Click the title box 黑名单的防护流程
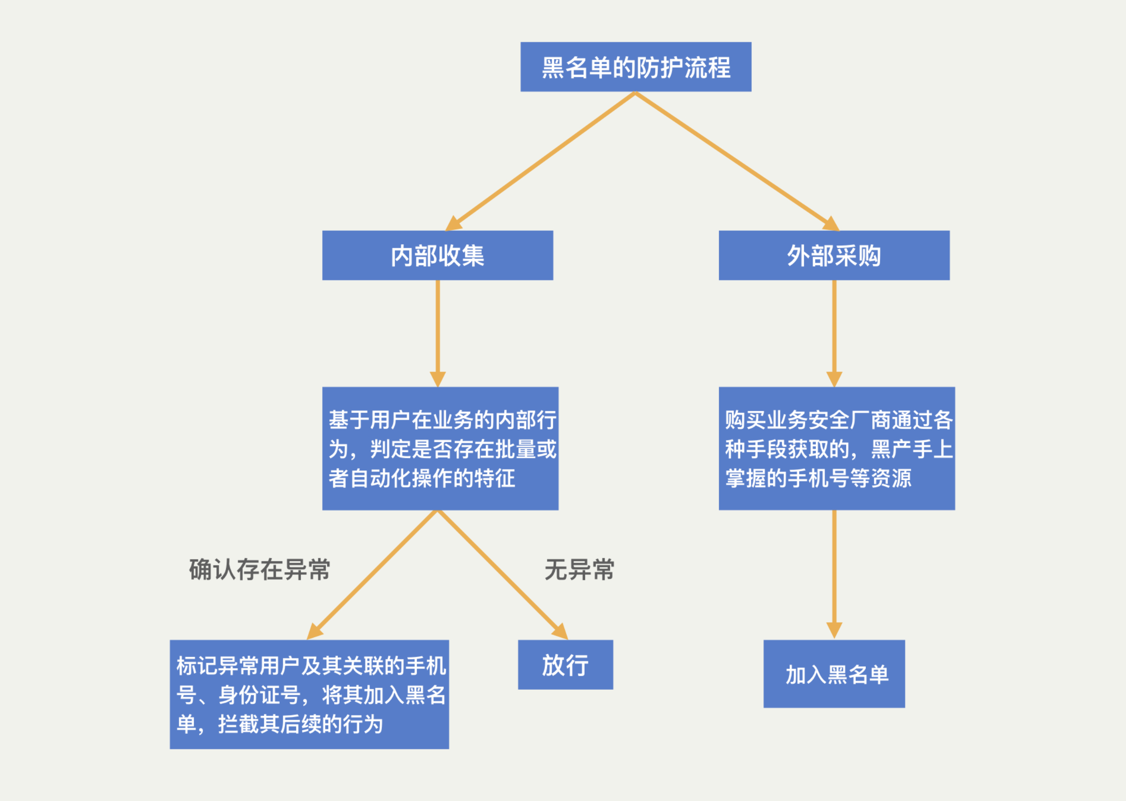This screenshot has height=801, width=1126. tap(636, 67)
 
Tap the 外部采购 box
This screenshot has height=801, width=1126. tap(834, 255)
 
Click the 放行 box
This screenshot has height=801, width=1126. tap(565, 664)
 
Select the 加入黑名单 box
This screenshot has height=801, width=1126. tap(834, 674)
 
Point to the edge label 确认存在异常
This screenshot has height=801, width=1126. tap(259, 570)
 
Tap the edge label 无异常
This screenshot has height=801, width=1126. tap(579, 570)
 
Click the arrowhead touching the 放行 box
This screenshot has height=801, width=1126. tap(561, 632)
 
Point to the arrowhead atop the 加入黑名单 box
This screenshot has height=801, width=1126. tap(834, 631)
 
